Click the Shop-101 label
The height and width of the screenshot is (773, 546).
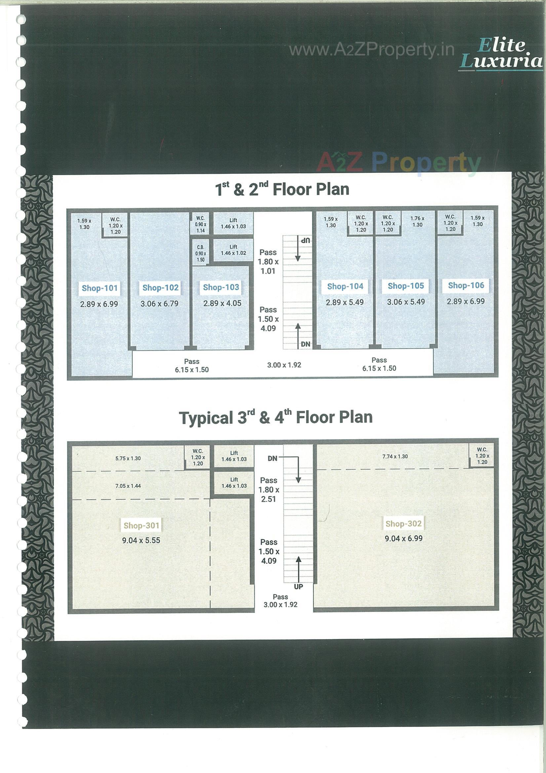click(99, 288)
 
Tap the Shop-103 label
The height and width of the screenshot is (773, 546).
click(221, 287)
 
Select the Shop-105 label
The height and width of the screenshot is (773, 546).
click(406, 286)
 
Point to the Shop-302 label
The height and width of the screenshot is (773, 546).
click(403, 523)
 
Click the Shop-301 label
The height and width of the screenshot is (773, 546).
click(141, 525)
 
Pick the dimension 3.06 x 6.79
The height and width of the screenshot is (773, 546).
click(159, 304)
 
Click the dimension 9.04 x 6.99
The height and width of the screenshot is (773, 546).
click(403, 538)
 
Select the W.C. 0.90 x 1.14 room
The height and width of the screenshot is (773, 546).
click(200, 224)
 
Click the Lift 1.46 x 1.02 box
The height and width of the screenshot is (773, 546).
click(233, 250)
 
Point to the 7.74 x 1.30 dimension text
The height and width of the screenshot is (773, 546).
click(395, 457)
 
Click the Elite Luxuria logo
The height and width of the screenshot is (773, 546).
click(501, 54)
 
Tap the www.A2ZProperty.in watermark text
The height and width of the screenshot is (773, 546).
click(371, 50)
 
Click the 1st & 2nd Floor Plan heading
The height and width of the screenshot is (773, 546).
click(282, 189)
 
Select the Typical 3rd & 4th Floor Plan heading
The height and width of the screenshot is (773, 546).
click(275, 418)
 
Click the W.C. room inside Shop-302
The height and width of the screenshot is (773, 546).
click(482, 456)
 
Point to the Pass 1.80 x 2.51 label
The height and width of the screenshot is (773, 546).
click(269, 490)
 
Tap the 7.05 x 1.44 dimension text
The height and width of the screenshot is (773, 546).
click(128, 486)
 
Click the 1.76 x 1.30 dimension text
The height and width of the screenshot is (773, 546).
click(417, 222)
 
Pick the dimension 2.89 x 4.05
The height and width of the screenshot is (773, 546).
click(222, 303)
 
